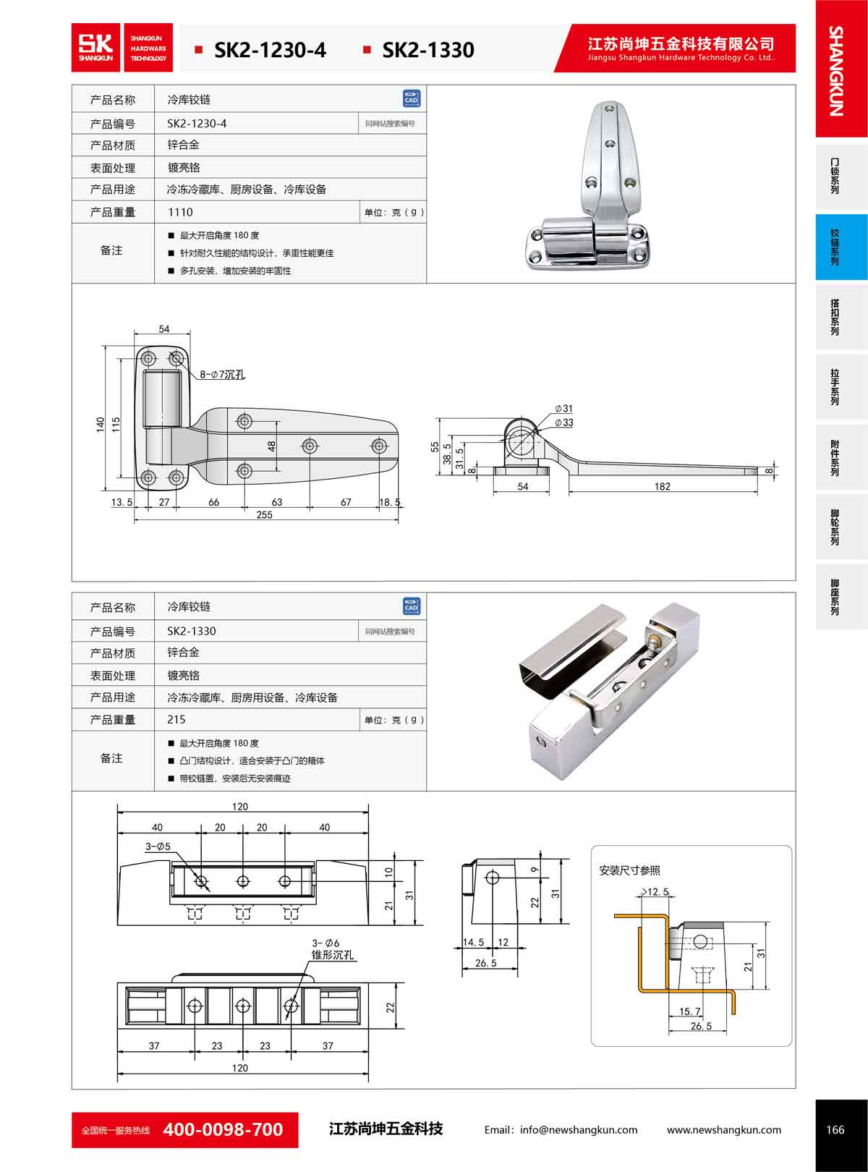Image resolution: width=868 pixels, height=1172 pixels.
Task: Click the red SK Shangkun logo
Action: click(x=97, y=48)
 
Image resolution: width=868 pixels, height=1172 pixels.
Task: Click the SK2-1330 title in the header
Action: click(x=427, y=50)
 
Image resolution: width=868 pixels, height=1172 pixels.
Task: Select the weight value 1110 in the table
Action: click(x=180, y=212)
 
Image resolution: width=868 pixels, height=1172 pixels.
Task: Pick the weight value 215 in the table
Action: click(x=176, y=720)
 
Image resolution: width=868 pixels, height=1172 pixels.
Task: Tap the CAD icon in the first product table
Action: click(x=411, y=98)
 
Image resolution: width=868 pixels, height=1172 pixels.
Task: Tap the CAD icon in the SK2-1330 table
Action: click(x=411, y=606)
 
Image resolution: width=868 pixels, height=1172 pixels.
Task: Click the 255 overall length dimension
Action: click(x=264, y=514)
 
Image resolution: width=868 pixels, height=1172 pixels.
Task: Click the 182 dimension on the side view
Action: click(x=662, y=487)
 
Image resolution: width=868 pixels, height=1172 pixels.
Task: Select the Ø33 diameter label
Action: click(x=564, y=422)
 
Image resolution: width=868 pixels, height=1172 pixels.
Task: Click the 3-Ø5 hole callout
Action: click(x=158, y=846)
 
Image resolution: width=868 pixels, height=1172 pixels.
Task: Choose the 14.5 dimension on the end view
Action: click(x=473, y=942)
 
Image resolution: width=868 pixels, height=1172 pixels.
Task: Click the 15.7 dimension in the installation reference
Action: click(x=690, y=1011)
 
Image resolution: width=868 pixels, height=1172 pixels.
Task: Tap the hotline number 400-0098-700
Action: click(x=223, y=1129)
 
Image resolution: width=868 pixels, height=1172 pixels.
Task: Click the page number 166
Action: click(x=835, y=1129)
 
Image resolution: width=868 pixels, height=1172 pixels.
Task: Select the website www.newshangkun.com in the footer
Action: click(x=723, y=1129)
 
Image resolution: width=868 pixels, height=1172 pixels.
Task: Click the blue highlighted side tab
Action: click(x=841, y=247)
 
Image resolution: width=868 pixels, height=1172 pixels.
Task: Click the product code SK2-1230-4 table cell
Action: click(x=197, y=124)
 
